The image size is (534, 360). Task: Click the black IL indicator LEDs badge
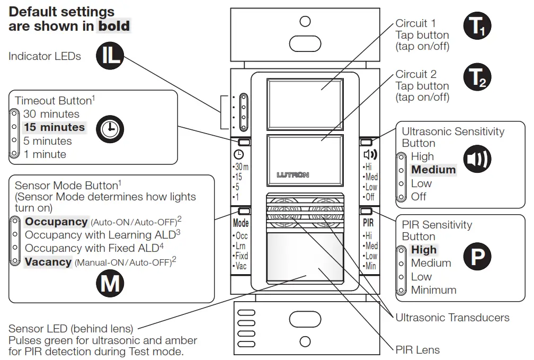tap(110, 56)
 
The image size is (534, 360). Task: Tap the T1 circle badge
tap(478, 28)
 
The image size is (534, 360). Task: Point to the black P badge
tap(477, 257)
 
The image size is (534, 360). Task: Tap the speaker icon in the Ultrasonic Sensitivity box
tap(477, 157)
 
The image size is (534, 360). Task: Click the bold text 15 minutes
tap(54, 127)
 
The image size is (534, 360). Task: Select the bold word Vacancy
tap(48, 262)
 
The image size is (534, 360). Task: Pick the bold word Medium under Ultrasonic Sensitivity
tap(433, 170)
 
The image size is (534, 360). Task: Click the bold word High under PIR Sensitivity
tap(424, 250)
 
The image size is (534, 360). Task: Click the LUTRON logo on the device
tap(292, 174)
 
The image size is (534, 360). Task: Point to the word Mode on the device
tap(241, 223)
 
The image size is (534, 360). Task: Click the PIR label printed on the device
tap(368, 223)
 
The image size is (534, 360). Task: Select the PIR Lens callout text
tap(417, 349)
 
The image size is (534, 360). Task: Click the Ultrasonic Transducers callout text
tap(452, 318)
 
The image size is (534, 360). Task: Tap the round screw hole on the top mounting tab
tap(305, 21)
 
